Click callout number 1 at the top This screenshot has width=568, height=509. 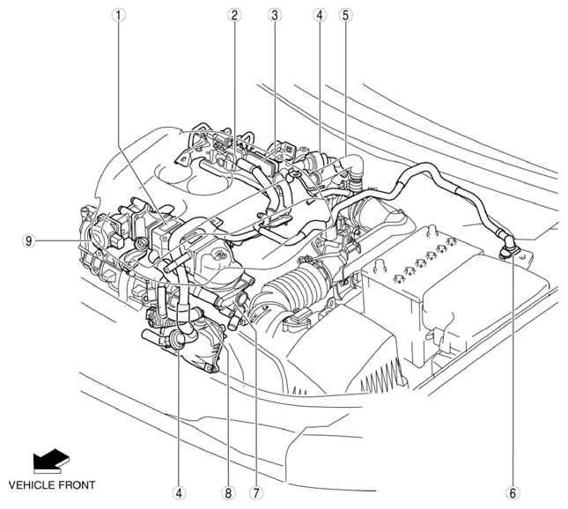[x=119, y=15]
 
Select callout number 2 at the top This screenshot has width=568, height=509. [x=234, y=15]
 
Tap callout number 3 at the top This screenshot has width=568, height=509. [x=275, y=15]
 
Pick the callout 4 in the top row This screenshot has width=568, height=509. [x=320, y=15]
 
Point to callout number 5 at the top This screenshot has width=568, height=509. [x=345, y=15]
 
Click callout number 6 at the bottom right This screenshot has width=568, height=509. [x=513, y=492]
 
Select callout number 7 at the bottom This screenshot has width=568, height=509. [x=255, y=492]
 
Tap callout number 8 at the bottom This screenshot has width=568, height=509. [x=228, y=492]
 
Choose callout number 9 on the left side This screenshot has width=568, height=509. [x=29, y=240]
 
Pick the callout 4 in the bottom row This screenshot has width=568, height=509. [x=179, y=492]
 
